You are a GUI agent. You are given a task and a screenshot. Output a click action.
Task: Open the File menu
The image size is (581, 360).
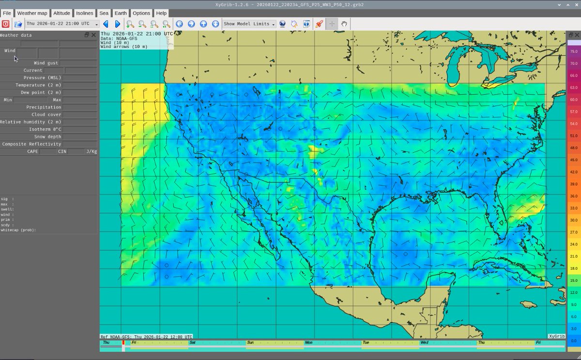pyautogui.click(x=7, y=13)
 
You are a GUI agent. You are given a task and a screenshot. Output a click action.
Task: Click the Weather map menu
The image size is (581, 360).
pyautogui.click(x=32, y=13)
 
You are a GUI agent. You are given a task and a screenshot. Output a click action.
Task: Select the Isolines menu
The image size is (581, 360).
pyautogui.click(x=84, y=13)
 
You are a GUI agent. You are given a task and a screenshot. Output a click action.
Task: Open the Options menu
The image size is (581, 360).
pyautogui.click(x=141, y=13)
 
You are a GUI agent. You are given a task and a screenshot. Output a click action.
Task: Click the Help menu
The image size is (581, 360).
pyautogui.click(x=161, y=13)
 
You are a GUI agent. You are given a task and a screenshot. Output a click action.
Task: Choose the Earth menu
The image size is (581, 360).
pyautogui.click(x=121, y=13)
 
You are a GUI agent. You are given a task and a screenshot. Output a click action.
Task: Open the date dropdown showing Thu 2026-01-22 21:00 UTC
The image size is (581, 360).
pyautogui.click(x=62, y=24)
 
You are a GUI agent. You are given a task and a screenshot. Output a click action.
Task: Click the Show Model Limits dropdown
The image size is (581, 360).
pyautogui.click(x=249, y=24)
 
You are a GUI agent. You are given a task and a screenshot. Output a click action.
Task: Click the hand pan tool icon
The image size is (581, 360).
pyautogui.click(x=344, y=24)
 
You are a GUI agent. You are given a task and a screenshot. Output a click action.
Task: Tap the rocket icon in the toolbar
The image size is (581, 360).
pyautogui.click(x=319, y=24)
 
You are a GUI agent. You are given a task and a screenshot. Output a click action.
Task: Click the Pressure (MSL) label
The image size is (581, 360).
pyautogui.click(x=41, y=78)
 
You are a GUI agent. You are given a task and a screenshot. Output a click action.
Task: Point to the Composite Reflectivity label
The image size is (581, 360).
pyautogui.click(x=31, y=144)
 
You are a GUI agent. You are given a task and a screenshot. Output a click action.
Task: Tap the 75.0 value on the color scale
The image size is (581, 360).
pyautogui.click(x=573, y=51)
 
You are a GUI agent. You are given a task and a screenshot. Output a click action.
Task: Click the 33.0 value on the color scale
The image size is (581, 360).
pyautogui.click(x=573, y=208)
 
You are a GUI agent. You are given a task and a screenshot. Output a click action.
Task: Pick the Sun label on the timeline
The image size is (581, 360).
pyautogui.click(x=250, y=343)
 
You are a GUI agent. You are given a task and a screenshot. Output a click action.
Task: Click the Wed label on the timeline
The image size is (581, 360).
pyautogui.click(x=424, y=343)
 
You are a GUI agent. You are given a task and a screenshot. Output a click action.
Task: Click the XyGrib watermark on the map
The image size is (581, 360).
pyautogui.click(x=557, y=336)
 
